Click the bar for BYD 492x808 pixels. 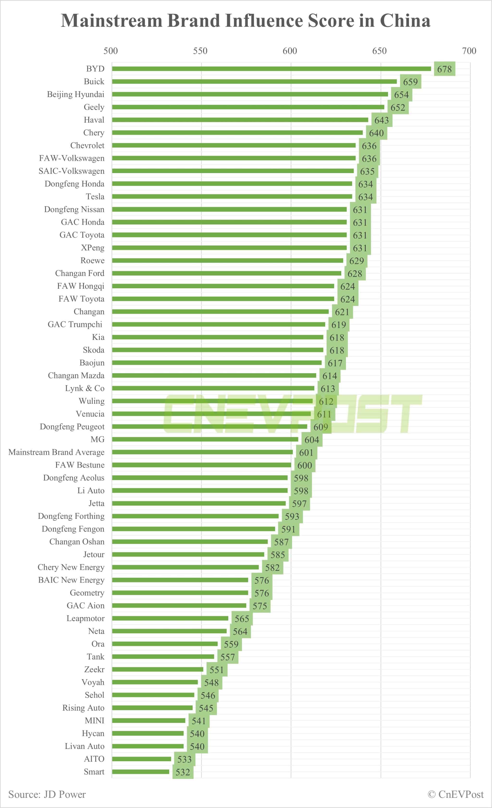point(271,69)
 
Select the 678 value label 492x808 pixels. point(444,69)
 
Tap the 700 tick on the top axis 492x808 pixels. point(469,51)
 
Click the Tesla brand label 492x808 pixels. point(95,196)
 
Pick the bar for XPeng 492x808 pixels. point(229,248)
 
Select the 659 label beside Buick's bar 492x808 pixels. point(410,82)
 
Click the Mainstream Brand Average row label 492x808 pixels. point(56,452)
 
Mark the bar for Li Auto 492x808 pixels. point(200,491)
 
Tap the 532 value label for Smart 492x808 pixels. point(183,772)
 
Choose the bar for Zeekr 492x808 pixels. point(157,669)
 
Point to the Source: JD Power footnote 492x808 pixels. point(47,794)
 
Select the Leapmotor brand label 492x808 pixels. point(86,619)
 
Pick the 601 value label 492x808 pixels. point(306,452)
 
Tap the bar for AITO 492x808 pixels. point(141,759)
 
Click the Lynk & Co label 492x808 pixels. point(85,388)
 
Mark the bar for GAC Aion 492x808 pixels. point(179,606)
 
